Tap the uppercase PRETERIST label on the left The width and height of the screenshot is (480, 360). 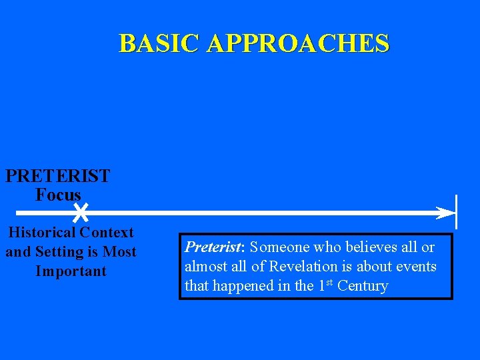(58, 177)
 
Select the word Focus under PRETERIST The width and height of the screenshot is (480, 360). (58, 195)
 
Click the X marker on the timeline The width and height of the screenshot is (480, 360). (80, 213)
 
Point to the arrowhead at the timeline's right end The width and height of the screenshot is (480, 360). (445, 213)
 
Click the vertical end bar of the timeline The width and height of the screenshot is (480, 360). (456, 213)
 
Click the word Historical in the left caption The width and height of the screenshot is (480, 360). (41, 233)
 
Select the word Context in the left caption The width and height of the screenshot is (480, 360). (107, 233)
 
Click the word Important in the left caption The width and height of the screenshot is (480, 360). (71, 271)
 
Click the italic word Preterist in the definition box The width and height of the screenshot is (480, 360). (213, 247)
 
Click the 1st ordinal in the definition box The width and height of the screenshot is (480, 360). (325, 285)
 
